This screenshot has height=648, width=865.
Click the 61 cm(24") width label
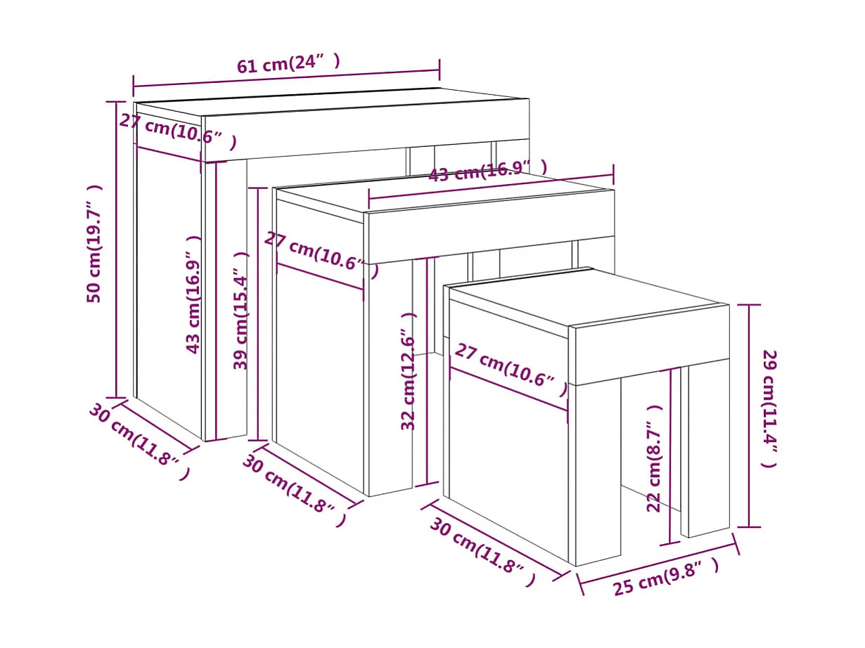pos(288,64)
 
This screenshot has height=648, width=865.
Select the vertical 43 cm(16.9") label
pos(193,294)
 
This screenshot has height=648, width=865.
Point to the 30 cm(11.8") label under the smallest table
pos(482,552)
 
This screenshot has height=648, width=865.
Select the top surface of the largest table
pos(331,102)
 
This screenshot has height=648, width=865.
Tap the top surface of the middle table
pos(443,197)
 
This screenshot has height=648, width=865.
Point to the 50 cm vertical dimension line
pos(116,250)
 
